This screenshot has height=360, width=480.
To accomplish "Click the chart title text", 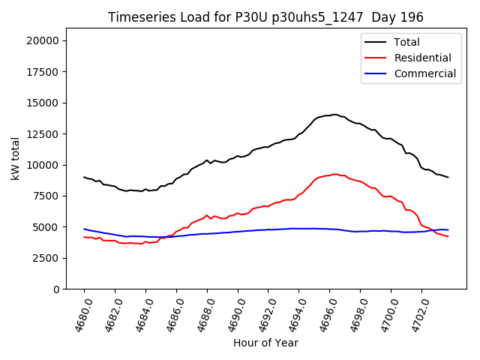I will [265, 17].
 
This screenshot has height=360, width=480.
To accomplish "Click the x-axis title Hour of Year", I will [265, 343].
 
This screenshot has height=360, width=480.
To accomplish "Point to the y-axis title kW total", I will [15, 163].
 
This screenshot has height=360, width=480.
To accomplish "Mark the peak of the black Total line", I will [334, 115].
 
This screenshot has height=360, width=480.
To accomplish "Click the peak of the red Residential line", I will [334, 174].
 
